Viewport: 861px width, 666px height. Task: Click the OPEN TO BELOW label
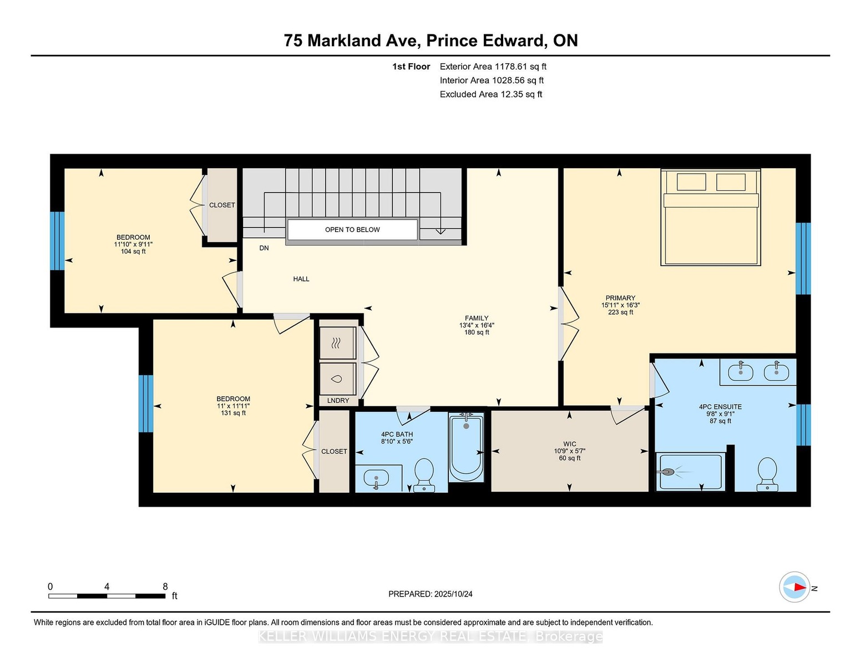click(352, 229)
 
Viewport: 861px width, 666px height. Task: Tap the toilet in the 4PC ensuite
click(767, 475)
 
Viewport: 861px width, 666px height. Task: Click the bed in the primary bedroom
click(711, 217)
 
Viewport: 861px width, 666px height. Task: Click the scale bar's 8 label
click(165, 587)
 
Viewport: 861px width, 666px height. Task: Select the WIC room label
click(570, 444)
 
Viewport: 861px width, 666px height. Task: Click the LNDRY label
click(338, 401)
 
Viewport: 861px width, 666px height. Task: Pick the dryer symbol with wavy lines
click(337, 343)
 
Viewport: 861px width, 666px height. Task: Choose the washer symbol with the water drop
click(337, 379)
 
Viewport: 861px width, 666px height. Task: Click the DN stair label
click(264, 248)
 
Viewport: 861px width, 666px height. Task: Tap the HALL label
click(301, 279)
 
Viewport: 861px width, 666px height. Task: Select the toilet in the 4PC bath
click(424, 475)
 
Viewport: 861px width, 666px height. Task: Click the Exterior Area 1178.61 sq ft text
click(493, 67)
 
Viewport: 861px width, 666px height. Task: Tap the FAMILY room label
click(477, 318)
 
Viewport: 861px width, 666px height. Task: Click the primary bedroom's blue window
click(803, 259)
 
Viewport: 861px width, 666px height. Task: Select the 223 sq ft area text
click(620, 312)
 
